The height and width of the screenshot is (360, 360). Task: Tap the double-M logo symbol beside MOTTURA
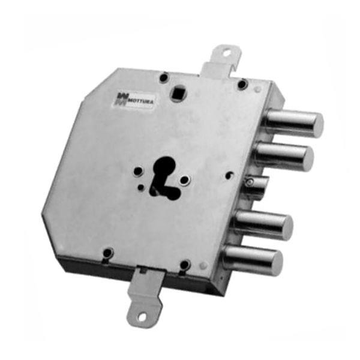tap(120, 100)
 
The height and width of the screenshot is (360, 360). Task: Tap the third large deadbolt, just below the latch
tap(264, 224)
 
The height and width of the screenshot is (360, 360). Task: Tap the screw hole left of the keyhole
tap(138, 171)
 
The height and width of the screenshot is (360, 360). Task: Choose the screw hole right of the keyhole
tap(185, 180)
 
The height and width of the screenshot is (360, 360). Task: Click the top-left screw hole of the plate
tap(163, 76)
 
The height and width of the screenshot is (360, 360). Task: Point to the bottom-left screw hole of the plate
tap(107, 253)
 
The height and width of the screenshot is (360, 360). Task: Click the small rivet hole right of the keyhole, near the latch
tap(231, 176)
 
